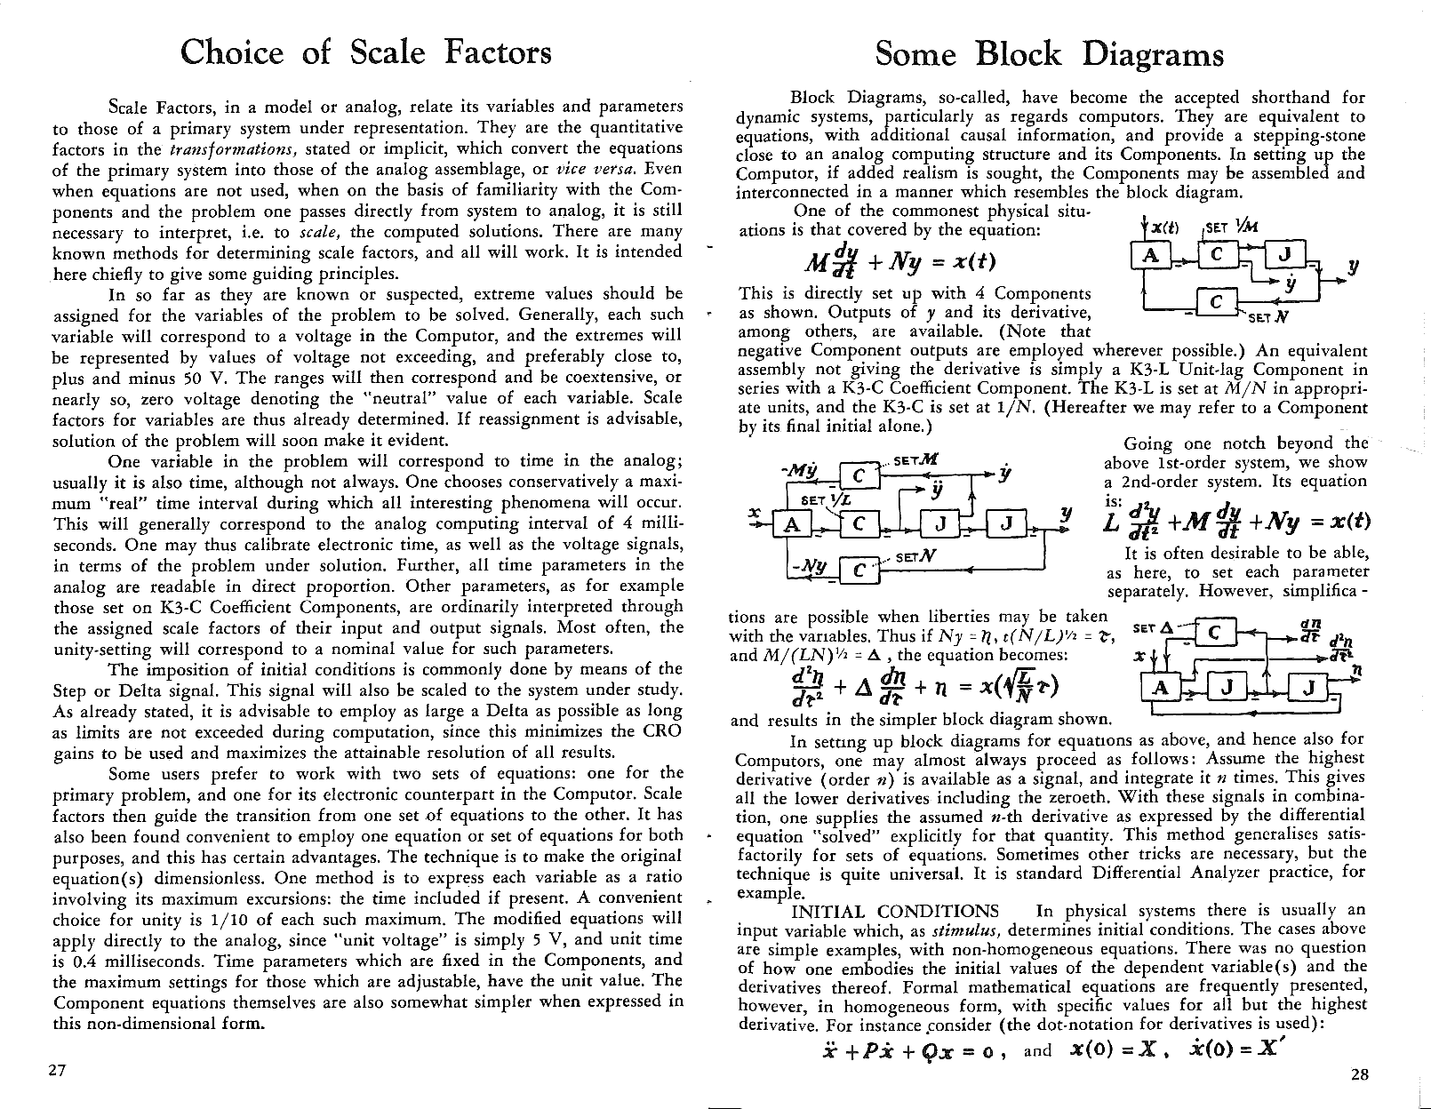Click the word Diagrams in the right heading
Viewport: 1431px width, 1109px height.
click(1153, 54)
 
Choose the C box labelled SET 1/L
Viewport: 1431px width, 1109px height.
click(858, 523)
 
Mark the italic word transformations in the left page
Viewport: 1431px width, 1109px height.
click(212, 148)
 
